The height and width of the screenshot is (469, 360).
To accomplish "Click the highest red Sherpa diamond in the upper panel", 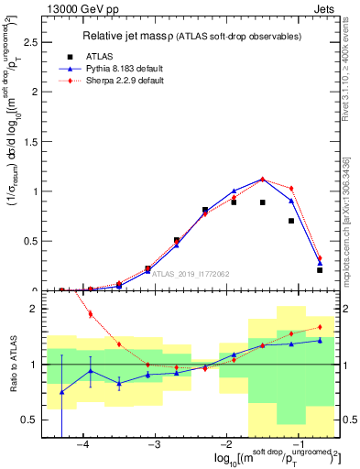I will (x=263, y=180).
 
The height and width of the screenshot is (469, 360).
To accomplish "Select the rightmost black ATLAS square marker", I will (x=320, y=270).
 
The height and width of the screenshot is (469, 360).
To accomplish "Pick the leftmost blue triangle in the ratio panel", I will (x=61, y=392).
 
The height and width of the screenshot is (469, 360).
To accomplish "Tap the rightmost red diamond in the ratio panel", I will (x=320, y=327).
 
